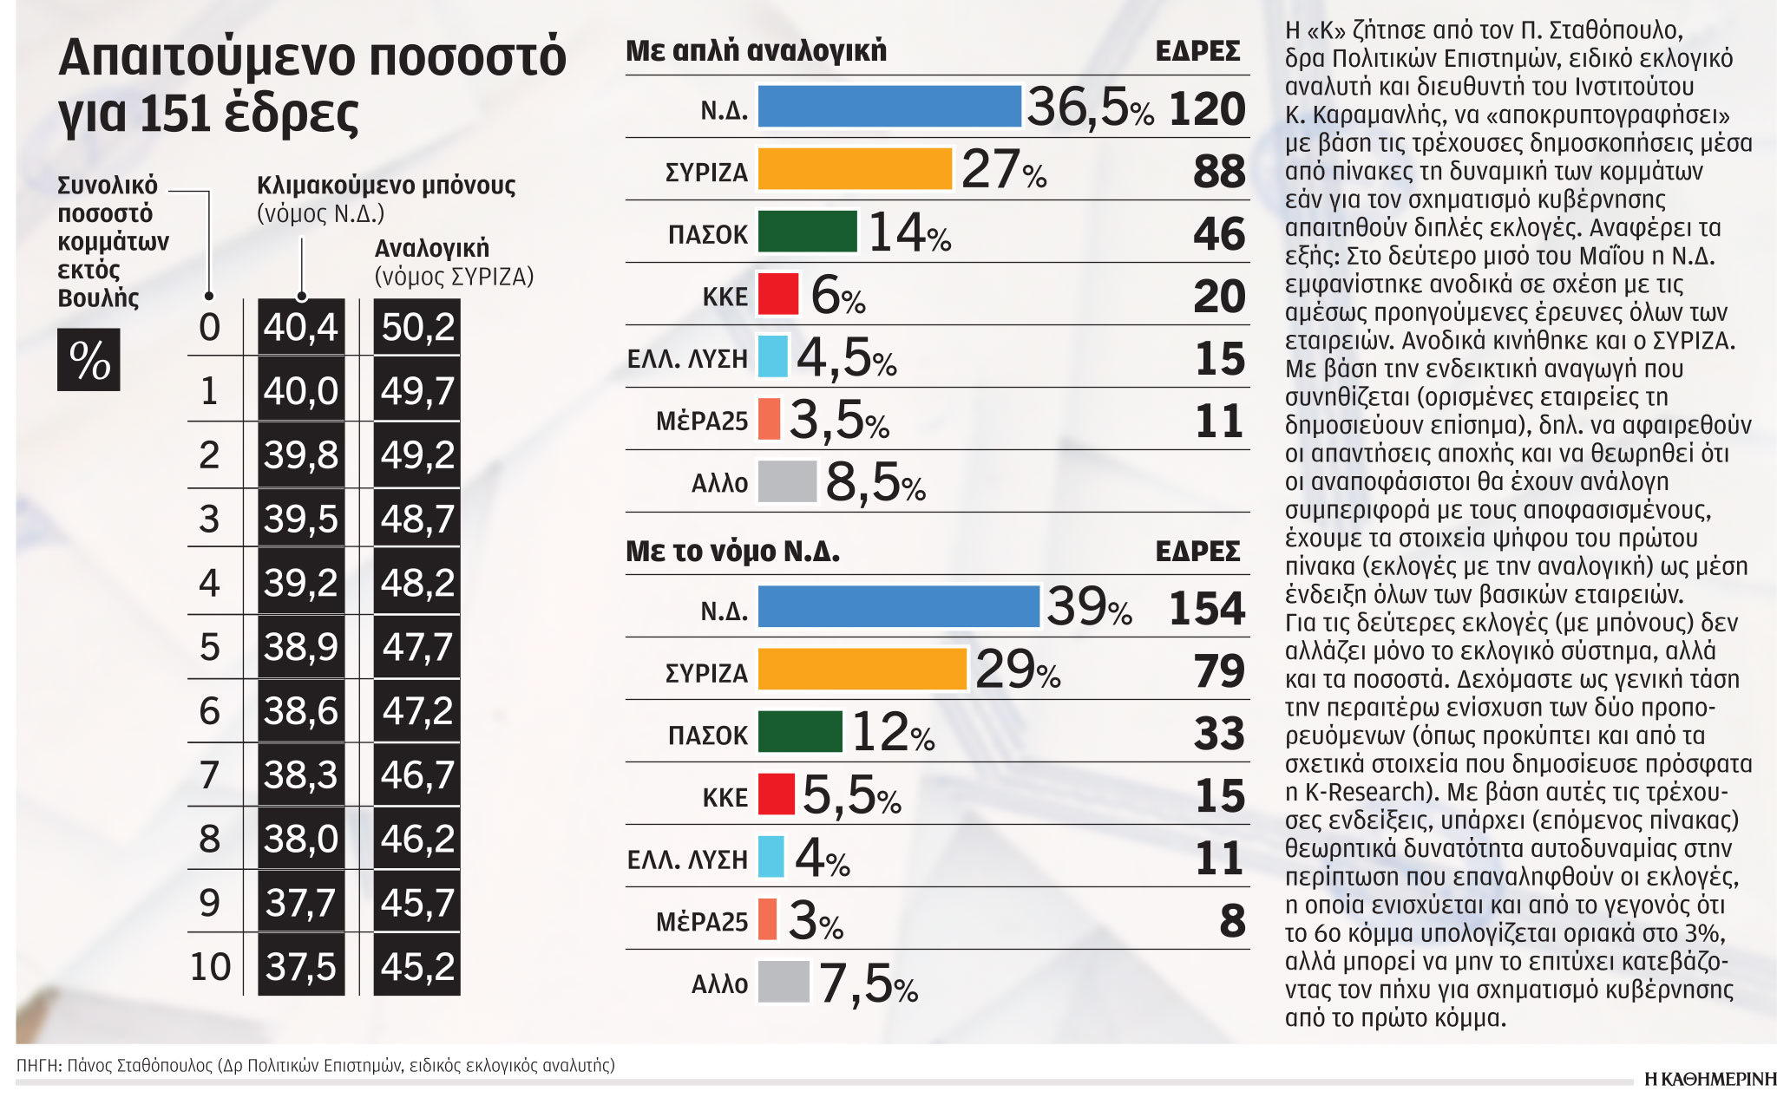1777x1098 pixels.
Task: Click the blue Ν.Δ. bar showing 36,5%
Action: coord(889,107)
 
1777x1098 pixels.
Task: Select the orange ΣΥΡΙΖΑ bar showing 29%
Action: coord(862,670)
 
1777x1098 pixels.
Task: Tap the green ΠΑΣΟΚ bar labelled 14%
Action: coord(807,232)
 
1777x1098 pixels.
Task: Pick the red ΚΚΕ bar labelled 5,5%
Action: coord(776,794)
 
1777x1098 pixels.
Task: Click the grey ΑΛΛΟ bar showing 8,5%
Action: coord(787,481)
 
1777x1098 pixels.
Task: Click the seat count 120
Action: coord(1207,109)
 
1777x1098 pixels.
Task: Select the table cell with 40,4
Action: coord(300,327)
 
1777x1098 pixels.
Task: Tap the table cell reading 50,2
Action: coord(417,327)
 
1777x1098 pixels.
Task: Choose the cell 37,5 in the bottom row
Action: coord(300,966)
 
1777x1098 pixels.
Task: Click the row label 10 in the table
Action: coord(210,966)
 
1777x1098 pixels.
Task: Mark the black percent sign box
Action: coord(89,359)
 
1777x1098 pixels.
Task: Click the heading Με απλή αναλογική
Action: coord(756,50)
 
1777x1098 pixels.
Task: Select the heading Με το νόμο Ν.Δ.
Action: coord(732,551)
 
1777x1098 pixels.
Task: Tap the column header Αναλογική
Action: coord(431,249)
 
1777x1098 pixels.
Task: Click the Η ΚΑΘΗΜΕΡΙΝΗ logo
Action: coord(1709,1079)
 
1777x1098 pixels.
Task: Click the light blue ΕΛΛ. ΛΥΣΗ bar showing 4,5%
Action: coord(772,356)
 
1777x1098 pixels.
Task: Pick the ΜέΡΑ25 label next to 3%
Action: coord(701,921)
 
